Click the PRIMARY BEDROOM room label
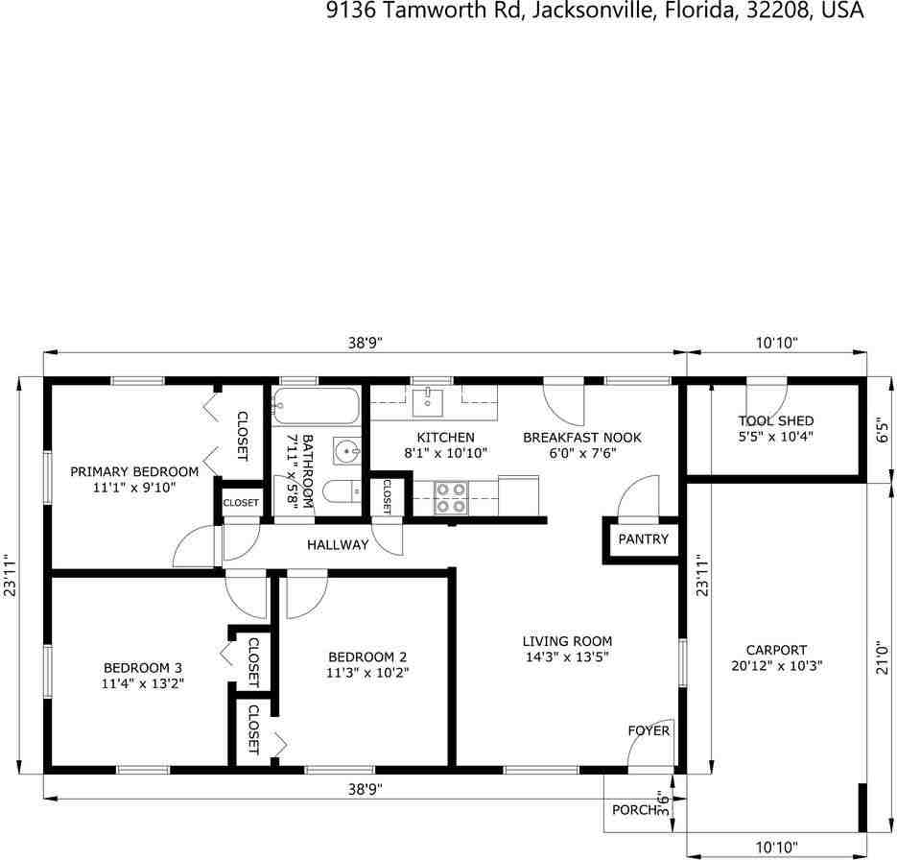coord(134,471)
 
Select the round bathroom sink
coord(346,449)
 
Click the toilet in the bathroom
coord(340,492)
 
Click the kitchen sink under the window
coord(428,402)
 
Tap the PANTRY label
coord(643,539)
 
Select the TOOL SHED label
coord(776,420)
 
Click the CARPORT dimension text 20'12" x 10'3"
coord(776,665)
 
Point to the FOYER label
coord(649,730)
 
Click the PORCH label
coord(633,809)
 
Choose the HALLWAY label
coord(338,545)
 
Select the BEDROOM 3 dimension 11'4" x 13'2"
coord(143,683)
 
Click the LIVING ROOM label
coord(567,641)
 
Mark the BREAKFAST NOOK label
coord(582,438)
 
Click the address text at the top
coord(595,11)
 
